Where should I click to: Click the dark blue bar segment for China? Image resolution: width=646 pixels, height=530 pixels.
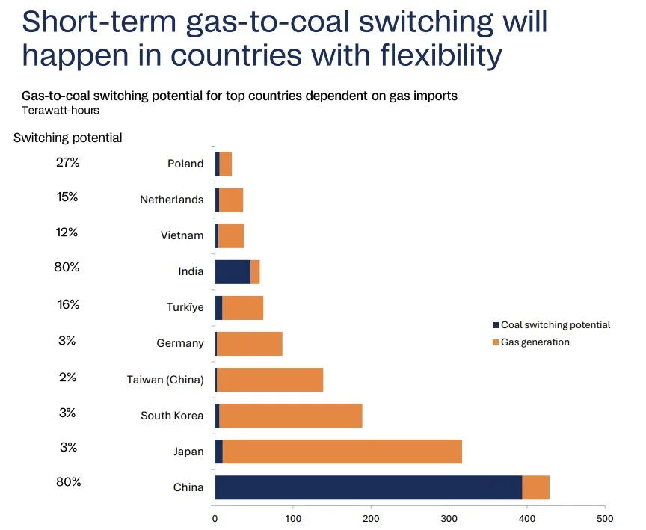pos(368,487)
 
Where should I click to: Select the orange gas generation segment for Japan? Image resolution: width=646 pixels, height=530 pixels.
pos(342,452)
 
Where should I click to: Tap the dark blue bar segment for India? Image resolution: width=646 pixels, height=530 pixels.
pos(233,271)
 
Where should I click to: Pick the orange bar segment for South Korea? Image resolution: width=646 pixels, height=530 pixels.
pos(290,416)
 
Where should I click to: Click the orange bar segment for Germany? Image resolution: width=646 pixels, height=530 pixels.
pos(249,344)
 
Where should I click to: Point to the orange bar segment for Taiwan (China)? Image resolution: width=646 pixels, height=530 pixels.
pos(269,380)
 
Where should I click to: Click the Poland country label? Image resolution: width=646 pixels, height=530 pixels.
pos(185,164)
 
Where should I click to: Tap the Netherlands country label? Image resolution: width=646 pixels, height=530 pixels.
pos(171,200)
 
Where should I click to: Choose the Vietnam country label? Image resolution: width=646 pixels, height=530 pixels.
pos(182,235)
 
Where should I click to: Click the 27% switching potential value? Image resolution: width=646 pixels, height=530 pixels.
pos(67,161)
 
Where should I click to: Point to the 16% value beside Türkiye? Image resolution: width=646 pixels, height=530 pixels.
pos(67,305)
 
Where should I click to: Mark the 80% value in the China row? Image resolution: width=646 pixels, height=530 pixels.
pos(67,482)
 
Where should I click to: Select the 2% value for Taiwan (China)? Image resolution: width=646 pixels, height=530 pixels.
pos(67,378)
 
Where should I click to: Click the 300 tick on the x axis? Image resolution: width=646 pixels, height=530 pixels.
pos(449,517)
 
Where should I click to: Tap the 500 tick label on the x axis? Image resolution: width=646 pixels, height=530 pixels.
pos(605,517)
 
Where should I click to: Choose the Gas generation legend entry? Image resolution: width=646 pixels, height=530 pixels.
pos(535,342)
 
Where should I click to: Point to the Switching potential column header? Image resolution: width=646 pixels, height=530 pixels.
pos(67,138)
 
